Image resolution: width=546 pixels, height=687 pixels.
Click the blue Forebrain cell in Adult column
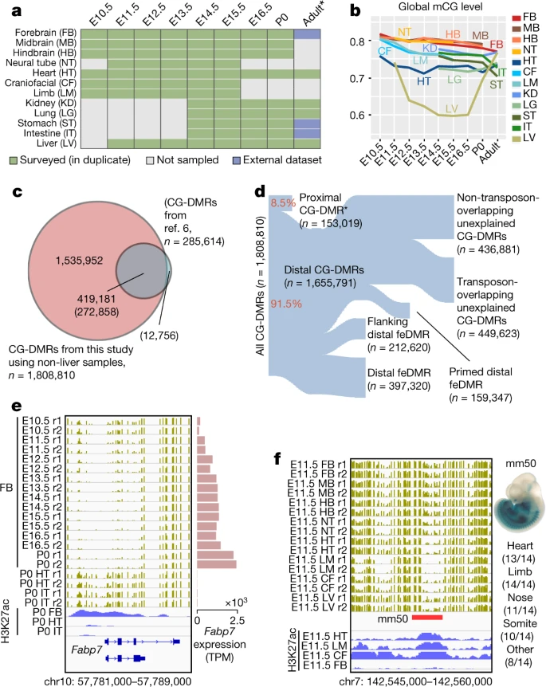click(308, 35)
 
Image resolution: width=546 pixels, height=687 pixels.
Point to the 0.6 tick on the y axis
click(355, 115)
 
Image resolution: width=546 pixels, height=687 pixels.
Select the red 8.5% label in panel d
click(282, 204)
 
